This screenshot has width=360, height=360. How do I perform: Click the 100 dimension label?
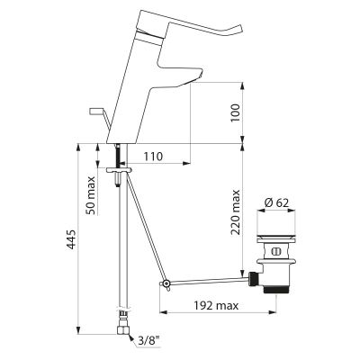coord(236,112)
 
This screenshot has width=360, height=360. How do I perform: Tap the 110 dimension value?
coord(152,156)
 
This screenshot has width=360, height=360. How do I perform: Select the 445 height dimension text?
coord(71,239)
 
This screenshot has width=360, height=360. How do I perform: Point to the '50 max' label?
coord(90,195)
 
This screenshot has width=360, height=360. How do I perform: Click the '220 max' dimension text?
coord(236,212)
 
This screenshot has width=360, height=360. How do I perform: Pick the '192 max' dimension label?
coord(216,306)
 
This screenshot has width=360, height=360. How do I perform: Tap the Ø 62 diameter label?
coord(276,203)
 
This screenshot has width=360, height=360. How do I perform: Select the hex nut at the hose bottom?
coord(122,330)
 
